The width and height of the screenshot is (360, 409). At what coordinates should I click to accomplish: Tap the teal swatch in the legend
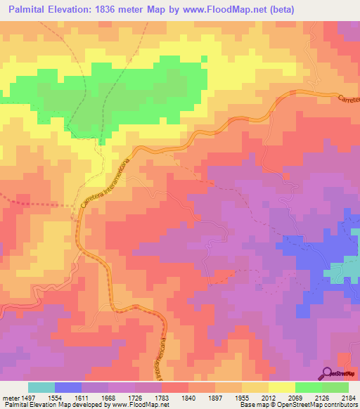coord(41,387)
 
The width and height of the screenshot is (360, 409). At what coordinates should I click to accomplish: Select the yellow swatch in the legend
coord(281,387)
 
